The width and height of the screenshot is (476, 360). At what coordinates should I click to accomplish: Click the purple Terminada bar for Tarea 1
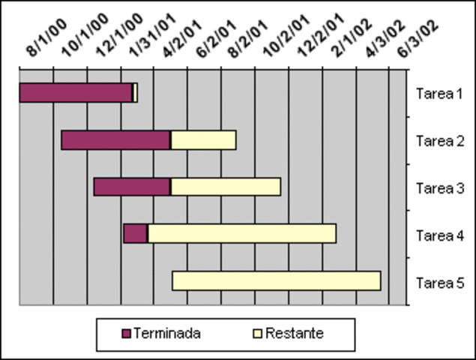pyautogui.click(x=76, y=93)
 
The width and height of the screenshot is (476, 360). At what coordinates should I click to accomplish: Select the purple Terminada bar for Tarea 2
pyautogui.click(x=115, y=140)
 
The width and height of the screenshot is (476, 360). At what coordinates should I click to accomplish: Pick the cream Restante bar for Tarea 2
pyautogui.click(x=203, y=140)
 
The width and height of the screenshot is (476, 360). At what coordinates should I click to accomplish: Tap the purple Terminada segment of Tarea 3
pyautogui.click(x=132, y=187)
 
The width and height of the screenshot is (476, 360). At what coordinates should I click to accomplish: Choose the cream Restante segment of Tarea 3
pyautogui.click(x=226, y=187)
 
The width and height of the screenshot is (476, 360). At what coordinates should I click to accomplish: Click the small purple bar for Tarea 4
pyautogui.click(x=135, y=234)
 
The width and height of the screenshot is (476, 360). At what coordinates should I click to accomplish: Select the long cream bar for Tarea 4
pyautogui.click(x=241, y=234)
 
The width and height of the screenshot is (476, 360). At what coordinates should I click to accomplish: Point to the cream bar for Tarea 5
pyautogui.click(x=276, y=280)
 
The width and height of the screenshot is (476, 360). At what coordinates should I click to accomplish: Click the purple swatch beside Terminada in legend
pyautogui.click(x=125, y=333)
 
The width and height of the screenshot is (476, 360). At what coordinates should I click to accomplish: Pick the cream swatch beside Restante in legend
pyautogui.click(x=257, y=333)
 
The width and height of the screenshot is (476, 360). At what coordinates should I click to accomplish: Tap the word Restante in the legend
pyautogui.click(x=295, y=333)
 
